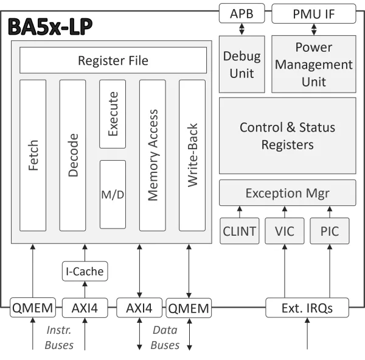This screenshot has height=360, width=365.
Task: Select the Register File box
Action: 113,61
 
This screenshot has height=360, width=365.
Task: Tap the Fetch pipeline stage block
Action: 33,155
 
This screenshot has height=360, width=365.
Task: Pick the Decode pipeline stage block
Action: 73,155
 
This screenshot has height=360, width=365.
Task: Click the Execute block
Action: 113,114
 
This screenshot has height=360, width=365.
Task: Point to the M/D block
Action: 113,194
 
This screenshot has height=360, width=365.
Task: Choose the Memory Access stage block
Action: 153,155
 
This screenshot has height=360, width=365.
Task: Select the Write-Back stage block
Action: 192,155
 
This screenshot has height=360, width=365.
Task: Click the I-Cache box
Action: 85,271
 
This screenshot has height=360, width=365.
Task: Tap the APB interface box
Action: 242,13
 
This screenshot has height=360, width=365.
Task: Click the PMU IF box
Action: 313,13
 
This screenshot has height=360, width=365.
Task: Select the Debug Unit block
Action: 242,64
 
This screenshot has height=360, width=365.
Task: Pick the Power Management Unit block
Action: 313,64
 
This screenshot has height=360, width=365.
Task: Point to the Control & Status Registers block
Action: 287,136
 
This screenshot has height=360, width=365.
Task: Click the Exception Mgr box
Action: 287,193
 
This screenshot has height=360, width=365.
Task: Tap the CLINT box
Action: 240,231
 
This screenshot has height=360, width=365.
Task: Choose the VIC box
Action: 285,231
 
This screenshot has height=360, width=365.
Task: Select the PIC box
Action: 329,231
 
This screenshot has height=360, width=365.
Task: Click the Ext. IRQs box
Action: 307,308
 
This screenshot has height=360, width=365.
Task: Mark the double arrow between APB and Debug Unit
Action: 242,29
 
